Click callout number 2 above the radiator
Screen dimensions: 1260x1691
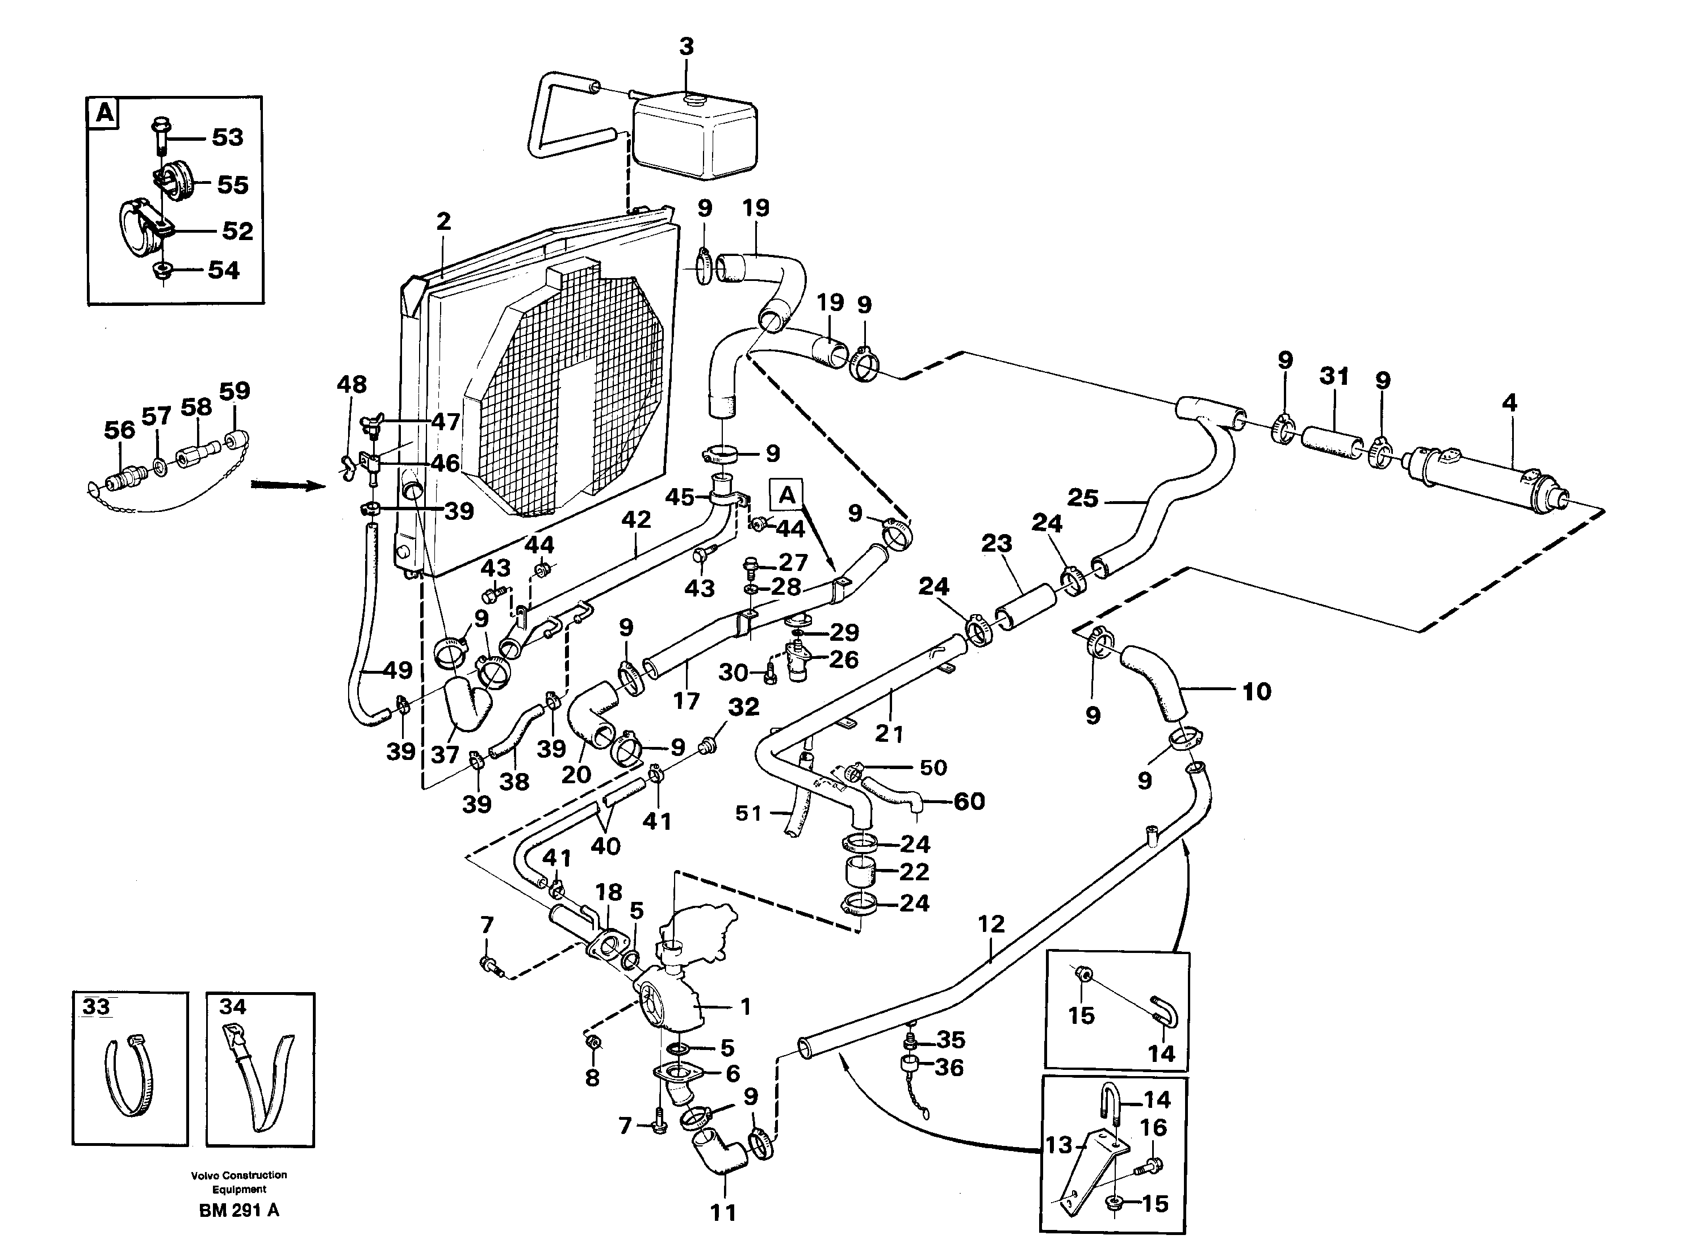[443, 221]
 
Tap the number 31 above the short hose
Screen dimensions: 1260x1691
[1334, 376]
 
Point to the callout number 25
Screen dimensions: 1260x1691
[1083, 498]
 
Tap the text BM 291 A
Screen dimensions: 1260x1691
[239, 1211]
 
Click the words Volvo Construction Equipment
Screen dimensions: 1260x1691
[239, 1182]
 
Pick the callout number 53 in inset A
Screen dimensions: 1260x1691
[227, 137]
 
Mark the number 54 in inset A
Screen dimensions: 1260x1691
[224, 270]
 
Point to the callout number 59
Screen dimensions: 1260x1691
[235, 390]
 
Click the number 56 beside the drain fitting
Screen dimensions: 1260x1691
[119, 430]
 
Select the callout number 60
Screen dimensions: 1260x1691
[969, 801]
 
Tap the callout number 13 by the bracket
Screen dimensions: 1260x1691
[1059, 1145]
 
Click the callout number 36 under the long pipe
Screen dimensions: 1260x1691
[948, 1068]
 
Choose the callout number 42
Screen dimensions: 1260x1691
[635, 519]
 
